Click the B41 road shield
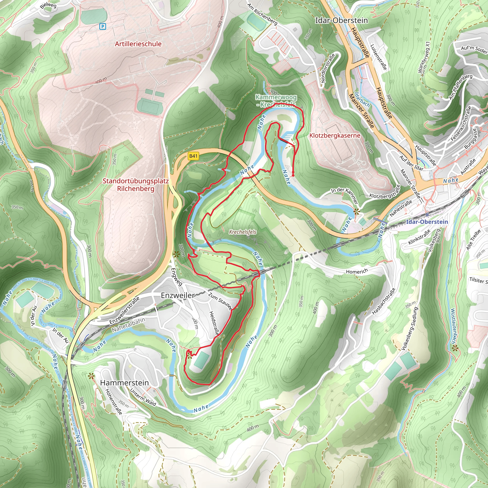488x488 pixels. (193, 156)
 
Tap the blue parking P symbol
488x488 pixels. (102, 26)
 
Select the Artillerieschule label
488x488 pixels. (138, 44)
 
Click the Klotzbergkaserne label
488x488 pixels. (335, 136)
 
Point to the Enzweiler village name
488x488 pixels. (178, 295)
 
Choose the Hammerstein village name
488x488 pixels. (125, 383)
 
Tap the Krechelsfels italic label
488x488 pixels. (243, 232)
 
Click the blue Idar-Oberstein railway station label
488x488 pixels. (427, 222)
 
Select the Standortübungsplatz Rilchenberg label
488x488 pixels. (136, 185)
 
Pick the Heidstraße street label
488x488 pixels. (214, 323)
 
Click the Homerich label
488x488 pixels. (357, 272)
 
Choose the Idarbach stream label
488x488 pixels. (362, 100)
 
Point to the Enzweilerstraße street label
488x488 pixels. (125, 311)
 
